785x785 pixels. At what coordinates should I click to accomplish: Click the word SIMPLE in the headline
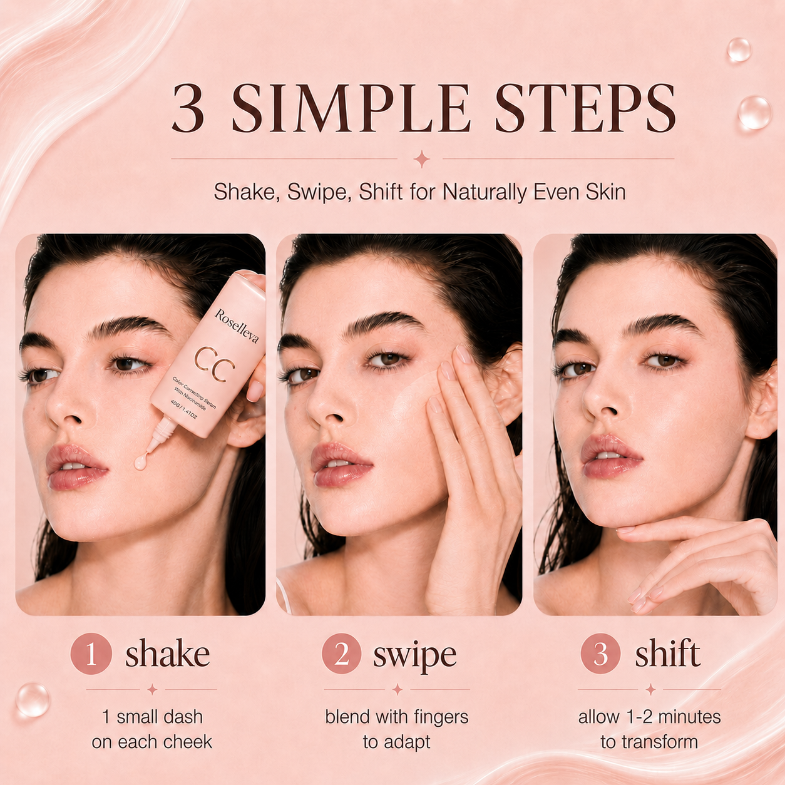point(349,108)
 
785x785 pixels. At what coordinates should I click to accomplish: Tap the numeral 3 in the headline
point(188,108)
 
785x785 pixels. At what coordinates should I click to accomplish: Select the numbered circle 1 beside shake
point(91,654)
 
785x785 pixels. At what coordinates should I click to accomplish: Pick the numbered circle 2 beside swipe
point(342,654)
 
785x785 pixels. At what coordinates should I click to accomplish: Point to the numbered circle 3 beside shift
point(600,654)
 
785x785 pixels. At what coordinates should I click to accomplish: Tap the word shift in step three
point(667,652)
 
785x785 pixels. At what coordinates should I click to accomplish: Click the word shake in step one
point(167,652)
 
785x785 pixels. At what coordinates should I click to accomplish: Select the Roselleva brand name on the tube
point(236,326)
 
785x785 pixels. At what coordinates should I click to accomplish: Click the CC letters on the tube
point(214,364)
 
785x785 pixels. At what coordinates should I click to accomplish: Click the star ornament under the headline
point(422,159)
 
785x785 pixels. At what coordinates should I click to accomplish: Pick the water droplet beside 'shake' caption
point(33,700)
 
